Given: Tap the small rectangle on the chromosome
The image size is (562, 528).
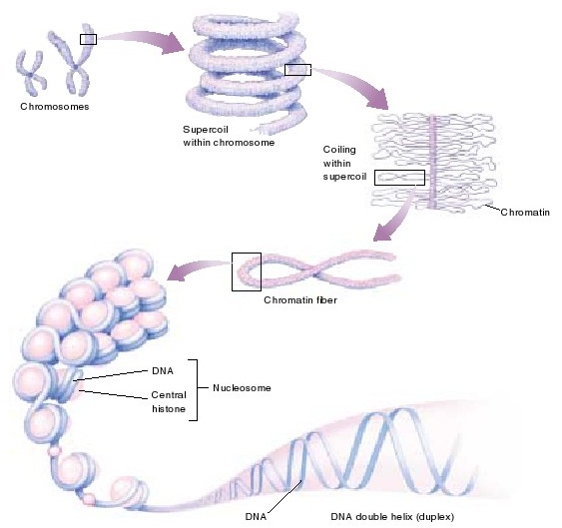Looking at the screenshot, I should pyautogui.click(x=88, y=39).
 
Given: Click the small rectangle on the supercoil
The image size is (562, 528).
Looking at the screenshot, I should pyautogui.click(x=297, y=70).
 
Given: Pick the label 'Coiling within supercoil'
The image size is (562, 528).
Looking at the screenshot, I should pyautogui.click(x=345, y=163).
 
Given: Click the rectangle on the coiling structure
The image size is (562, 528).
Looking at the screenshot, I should pyautogui.click(x=398, y=178).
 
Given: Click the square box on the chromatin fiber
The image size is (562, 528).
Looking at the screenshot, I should pyautogui.click(x=246, y=270).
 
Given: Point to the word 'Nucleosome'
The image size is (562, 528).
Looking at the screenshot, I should pyautogui.click(x=246, y=386).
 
